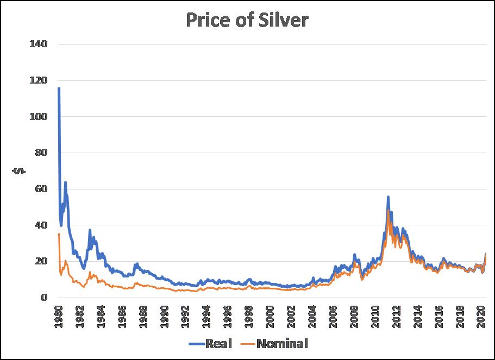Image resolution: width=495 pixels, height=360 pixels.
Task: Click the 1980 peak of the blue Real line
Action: pos(59,89)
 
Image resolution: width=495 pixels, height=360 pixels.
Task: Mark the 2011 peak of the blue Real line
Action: pos(388,197)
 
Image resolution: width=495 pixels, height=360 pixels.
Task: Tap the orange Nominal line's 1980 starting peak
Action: pos(59,234)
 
